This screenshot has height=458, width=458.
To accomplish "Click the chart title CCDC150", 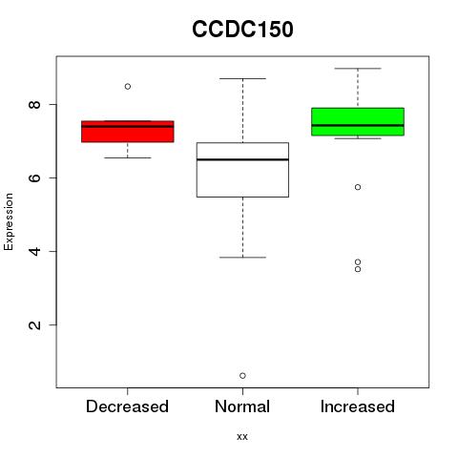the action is point(242,30).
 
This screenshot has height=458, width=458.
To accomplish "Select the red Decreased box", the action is point(128,132).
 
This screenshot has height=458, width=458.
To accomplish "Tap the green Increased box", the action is point(358,122).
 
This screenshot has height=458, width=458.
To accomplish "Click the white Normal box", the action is point(242,170).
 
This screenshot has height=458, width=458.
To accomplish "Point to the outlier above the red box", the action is point(128,87).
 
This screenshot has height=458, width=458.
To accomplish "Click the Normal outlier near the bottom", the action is point(242,376).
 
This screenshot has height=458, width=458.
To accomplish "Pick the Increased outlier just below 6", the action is point(358,187).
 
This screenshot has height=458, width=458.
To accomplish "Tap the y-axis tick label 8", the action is point(35,104).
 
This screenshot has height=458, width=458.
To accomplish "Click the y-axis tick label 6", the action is point(35,177).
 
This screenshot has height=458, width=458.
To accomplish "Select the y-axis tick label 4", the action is point(35,251).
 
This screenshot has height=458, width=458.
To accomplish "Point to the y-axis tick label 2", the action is point(35,324).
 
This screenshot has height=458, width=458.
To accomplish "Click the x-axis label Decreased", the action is point(127,406).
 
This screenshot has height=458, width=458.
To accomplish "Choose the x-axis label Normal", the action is point(242,406).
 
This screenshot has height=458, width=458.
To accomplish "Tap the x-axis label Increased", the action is point(358,406).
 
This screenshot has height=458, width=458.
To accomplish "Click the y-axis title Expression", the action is point(9,221).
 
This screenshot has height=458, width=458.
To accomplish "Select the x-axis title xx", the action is point(242,437).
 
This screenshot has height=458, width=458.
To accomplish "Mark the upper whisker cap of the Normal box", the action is point(242,78).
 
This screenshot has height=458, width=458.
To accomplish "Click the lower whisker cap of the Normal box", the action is point(242,258).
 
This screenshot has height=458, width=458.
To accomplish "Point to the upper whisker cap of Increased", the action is point(358,69).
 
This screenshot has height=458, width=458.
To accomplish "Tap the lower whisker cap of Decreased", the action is point(128,157).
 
